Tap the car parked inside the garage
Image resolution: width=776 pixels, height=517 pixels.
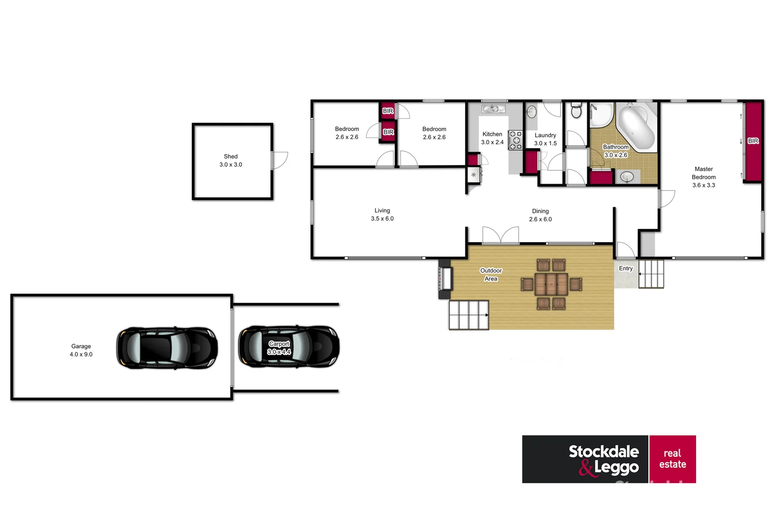(167, 348)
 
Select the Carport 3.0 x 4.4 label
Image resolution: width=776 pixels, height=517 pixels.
(279, 348)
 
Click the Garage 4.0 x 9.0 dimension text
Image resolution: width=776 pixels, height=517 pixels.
(81, 354)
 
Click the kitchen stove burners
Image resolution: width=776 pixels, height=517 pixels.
(515, 140)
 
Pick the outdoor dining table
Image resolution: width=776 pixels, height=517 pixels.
(551, 284)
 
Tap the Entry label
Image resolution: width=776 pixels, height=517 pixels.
(626, 269)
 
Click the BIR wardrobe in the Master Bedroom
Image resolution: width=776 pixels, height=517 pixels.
(753, 141)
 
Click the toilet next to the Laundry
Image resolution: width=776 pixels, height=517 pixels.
(576, 111)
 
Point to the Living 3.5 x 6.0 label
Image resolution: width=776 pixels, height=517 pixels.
(382, 214)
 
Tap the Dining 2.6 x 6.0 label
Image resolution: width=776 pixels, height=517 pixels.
(540, 215)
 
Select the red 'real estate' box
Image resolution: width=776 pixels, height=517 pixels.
(673, 459)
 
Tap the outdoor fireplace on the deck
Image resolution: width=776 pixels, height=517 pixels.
(445, 279)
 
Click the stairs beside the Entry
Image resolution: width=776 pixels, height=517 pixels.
(651, 274)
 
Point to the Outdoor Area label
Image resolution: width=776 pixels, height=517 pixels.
(491, 274)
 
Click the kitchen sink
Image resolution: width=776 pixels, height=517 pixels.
(493, 109)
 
